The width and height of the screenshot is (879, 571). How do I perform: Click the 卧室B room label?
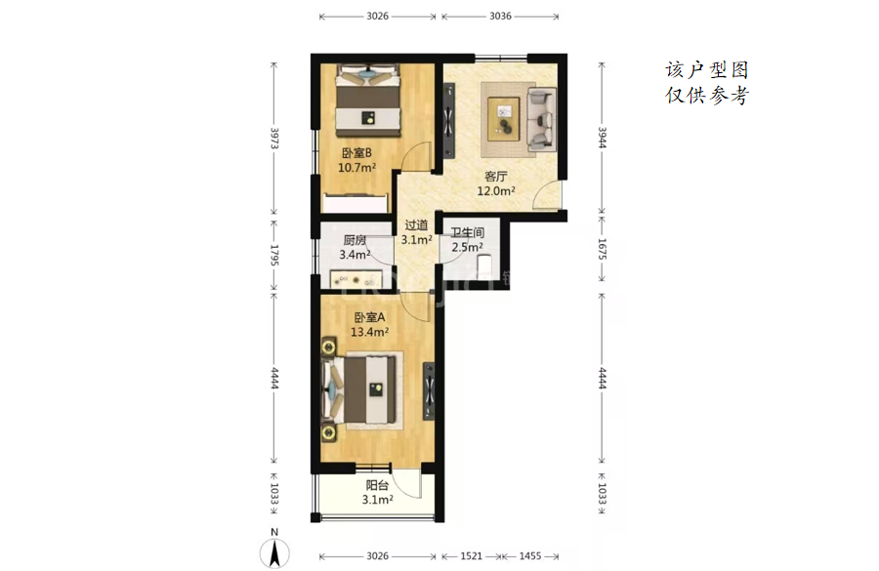pyautogui.click(x=356, y=153)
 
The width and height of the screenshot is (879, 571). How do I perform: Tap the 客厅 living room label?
pyautogui.click(x=495, y=177)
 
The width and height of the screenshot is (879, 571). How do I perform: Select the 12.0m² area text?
pyautogui.click(x=496, y=190)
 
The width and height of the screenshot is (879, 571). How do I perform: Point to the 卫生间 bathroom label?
pyautogui.click(x=468, y=232)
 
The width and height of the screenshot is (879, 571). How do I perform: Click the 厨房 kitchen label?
pyautogui.click(x=355, y=240)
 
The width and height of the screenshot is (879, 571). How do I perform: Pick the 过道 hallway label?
pyautogui.click(x=416, y=225)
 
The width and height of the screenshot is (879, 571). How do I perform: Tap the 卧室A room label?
pyautogui.click(x=369, y=317)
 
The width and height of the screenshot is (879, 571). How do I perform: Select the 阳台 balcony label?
pyautogui.click(x=377, y=485)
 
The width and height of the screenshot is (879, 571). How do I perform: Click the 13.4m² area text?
pyautogui.click(x=369, y=332)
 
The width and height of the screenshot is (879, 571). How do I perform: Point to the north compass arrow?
pyautogui.click(x=274, y=552)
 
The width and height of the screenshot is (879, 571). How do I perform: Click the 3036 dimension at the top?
pyautogui.click(x=500, y=17)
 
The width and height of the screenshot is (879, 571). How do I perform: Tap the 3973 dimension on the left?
pyautogui.click(x=274, y=138)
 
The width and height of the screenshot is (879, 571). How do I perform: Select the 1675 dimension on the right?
pyautogui.click(x=602, y=249)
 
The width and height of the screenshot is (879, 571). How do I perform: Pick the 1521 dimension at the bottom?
pyautogui.click(x=471, y=555)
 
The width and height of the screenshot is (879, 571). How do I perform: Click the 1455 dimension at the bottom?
pyautogui.click(x=529, y=555)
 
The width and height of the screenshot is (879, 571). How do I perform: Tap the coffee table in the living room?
pyautogui.click(x=504, y=119)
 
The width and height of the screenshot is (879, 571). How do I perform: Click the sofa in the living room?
pyautogui.click(x=541, y=119)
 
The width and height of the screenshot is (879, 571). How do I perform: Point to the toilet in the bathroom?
pyautogui.click(x=483, y=265)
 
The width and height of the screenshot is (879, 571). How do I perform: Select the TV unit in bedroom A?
pyautogui.click(x=429, y=391)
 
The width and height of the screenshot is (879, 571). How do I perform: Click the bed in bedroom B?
pyautogui.click(x=368, y=101)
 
